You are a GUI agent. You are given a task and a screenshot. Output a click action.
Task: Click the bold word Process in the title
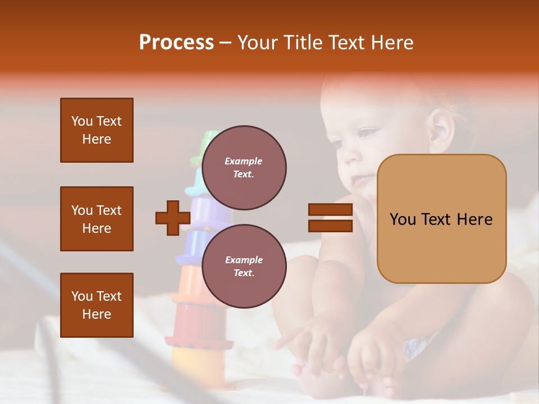pos(176,43)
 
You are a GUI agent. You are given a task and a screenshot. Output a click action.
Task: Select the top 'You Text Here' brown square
pos(97,130)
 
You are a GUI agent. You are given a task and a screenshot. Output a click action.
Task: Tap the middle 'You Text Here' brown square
pos(97,219)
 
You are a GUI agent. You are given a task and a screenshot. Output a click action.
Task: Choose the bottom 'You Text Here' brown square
pos(97,305)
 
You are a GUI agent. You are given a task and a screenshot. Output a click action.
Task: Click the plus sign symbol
pos(172,218)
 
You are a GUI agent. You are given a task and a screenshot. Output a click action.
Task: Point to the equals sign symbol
pos(330,218)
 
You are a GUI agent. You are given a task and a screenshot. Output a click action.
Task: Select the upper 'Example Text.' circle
pos(244,167)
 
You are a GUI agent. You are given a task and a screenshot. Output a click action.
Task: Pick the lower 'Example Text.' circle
pos(244,266)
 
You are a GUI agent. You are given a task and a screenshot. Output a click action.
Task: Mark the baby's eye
pos(368,134)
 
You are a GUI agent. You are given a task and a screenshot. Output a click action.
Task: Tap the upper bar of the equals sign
pos(330,210)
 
